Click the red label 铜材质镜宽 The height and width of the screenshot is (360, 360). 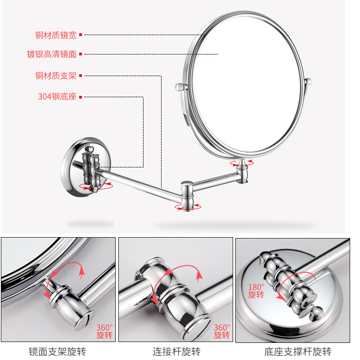pos(56,35)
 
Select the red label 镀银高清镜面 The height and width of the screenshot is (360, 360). pos(52,54)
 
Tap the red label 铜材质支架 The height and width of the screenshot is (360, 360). pos(56,76)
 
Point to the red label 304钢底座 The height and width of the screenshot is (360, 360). pos(57,97)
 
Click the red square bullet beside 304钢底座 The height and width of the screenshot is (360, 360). pos(81,97)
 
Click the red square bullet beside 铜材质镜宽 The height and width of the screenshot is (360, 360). pos(81,35)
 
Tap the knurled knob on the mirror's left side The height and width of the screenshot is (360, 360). pos(181,87)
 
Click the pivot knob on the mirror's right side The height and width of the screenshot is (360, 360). pos(308,81)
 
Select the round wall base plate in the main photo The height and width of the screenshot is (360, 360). pos(85,167)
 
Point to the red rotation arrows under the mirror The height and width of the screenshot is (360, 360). pos(242,163)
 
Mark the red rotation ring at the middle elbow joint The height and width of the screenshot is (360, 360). pos(188,207)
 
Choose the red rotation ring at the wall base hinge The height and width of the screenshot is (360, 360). pos(96,186)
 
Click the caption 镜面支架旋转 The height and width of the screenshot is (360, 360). pos(57,352)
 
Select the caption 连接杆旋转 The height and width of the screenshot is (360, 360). pos(176,352)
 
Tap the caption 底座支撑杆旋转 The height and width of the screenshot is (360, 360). pos(298,352)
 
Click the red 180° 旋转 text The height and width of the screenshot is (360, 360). pos(256,291)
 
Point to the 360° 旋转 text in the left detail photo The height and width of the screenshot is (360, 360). pos(104,332)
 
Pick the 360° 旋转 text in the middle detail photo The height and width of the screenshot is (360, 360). pos(222,332)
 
